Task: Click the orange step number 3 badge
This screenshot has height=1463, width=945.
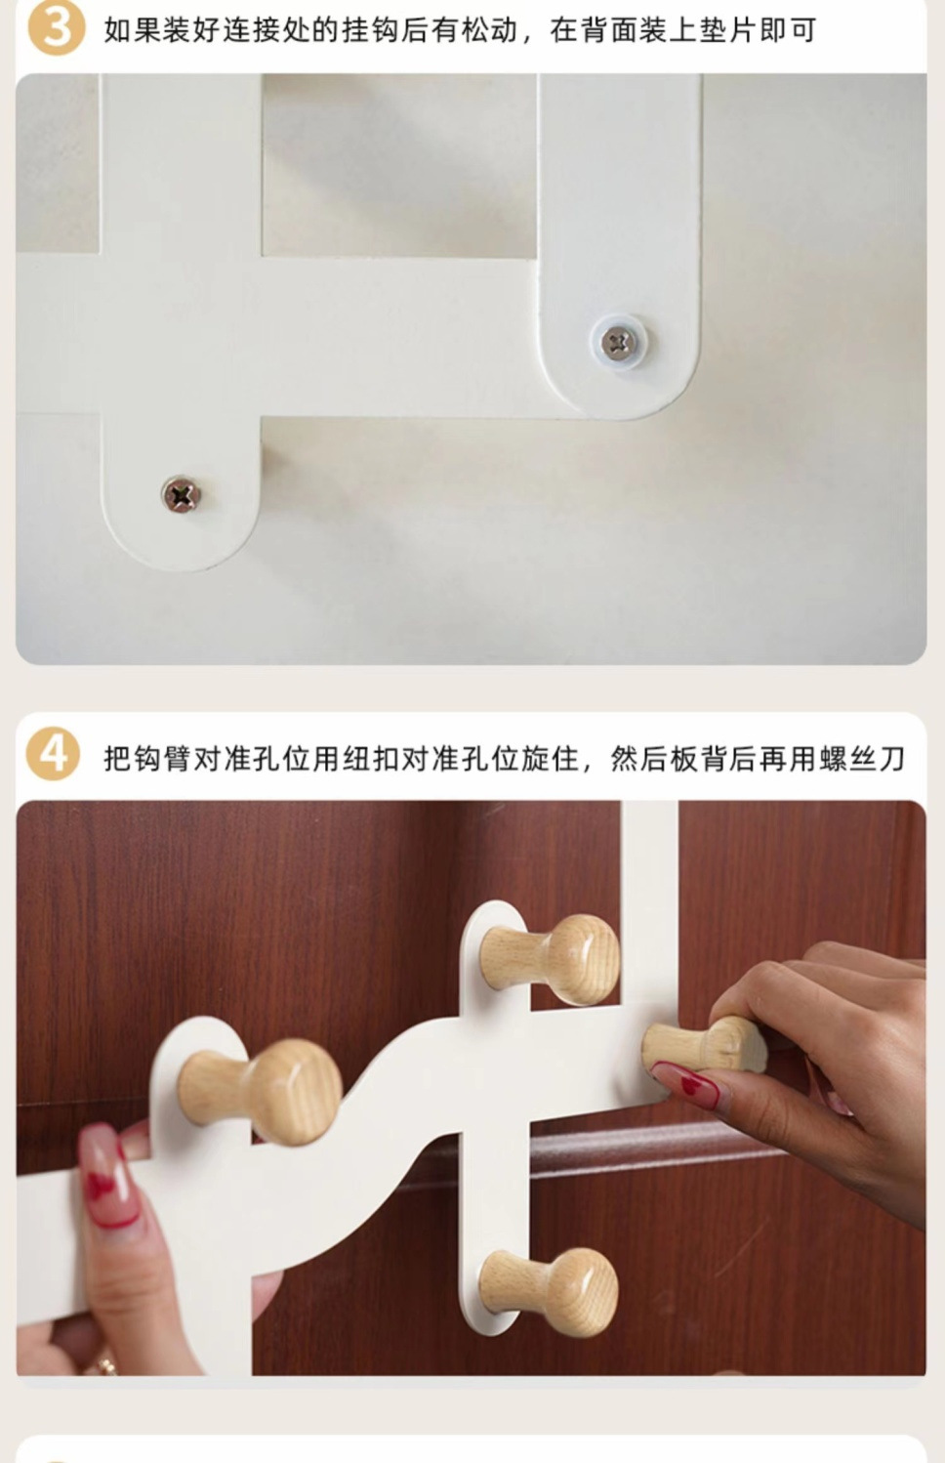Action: point(56,27)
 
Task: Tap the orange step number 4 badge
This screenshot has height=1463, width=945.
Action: point(53,754)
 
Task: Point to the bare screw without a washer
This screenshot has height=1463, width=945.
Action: point(181,495)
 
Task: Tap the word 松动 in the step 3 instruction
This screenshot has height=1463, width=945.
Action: point(489,31)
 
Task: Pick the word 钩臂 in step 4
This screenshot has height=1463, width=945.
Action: point(162,759)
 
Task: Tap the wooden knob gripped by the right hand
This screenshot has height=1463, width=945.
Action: point(703,1045)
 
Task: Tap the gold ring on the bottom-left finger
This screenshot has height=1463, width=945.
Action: point(103,1362)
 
